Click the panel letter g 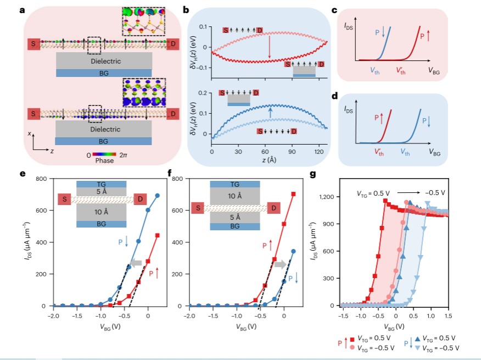coord(313,174)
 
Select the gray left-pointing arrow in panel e coord(135,263)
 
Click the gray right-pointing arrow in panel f coord(280,264)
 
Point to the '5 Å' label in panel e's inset coord(101,192)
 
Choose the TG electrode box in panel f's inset coord(235,184)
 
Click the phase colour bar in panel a coord(104,154)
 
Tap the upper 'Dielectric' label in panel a coord(105,61)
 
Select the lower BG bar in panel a coord(103,141)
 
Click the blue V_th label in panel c coord(375,71)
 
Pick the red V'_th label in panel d coord(379,152)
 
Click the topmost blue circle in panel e coord(158,196)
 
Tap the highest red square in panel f coord(293,194)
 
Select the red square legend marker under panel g coord(352,339)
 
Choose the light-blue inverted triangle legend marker coord(417,348)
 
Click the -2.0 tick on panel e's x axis coord(54,316)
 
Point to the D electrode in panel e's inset coord(140,199)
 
